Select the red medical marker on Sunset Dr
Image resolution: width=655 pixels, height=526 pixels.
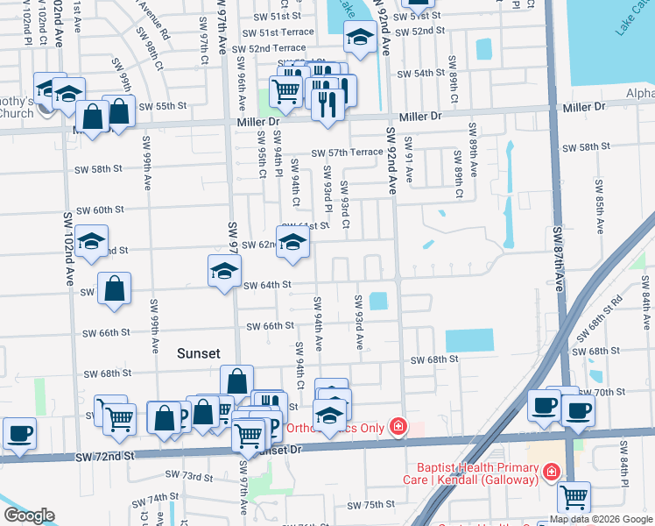[398, 427]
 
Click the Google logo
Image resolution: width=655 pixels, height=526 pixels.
[29, 515]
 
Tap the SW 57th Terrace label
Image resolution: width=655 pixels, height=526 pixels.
[347, 152]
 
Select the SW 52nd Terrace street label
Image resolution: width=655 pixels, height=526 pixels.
[264, 47]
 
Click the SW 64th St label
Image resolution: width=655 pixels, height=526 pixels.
[266, 285]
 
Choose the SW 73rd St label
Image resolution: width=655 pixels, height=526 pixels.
[189, 477]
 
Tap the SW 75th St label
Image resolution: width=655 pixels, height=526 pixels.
[371, 505]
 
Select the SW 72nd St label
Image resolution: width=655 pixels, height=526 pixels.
[105, 458]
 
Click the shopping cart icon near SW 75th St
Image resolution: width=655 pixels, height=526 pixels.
[574, 496]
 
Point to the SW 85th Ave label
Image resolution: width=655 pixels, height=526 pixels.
[600, 206]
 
